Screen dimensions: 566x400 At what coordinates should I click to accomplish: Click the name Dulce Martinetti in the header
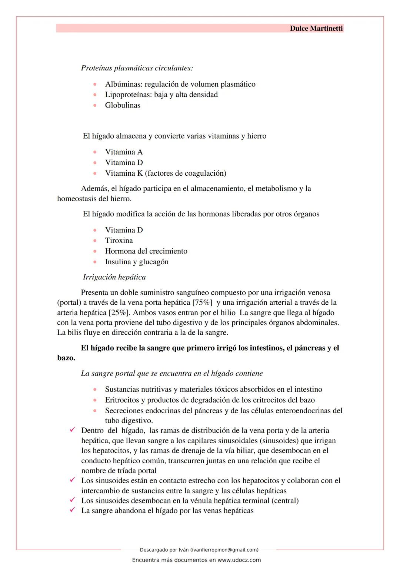coord(316,29)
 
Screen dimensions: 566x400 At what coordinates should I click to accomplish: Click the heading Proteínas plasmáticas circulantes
coord(137,68)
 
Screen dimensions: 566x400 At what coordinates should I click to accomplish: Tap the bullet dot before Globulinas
coord(95,105)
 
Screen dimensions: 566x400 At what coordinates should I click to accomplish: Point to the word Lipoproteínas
coord(128,95)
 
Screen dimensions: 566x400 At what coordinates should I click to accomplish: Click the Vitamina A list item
coord(124,152)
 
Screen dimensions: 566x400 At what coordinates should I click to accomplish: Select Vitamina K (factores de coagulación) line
coord(166,173)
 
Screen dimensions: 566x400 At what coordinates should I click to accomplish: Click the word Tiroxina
coord(119,241)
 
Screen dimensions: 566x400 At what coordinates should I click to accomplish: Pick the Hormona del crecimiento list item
coord(146,251)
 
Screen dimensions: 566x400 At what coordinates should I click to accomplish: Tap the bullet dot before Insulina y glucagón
coord(95,262)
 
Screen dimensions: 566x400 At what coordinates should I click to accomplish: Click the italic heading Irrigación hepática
coord(114,277)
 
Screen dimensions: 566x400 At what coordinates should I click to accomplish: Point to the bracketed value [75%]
coord(202,302)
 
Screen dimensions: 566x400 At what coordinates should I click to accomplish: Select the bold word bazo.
coord(66,358)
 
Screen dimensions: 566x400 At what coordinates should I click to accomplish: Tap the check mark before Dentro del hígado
coord(73,430)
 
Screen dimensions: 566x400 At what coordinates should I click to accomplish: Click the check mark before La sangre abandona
coord(73,510)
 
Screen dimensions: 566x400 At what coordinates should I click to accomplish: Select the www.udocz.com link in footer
coord(239,560)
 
